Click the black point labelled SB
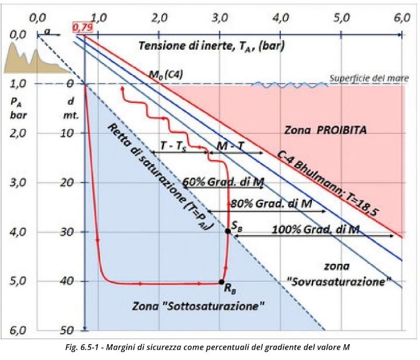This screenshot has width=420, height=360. (x=228, y=231)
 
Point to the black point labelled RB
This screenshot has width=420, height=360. (x=221, y=282)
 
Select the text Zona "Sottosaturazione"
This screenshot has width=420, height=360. (x=199, y=305)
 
